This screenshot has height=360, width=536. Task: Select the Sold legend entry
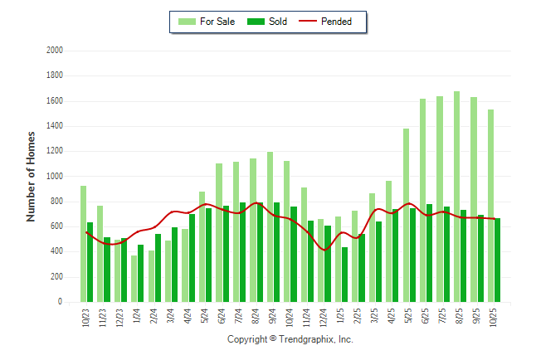click(269, 22)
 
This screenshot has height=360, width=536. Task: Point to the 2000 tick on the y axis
click(56, 51)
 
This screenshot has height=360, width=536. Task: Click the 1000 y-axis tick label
click(56, 177)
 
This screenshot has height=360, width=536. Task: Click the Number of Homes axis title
click(32, 176)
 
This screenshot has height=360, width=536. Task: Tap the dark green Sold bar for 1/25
click(344, 275)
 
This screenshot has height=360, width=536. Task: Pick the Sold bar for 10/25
click(497, 260)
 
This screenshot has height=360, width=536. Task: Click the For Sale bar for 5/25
click(406, 216)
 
